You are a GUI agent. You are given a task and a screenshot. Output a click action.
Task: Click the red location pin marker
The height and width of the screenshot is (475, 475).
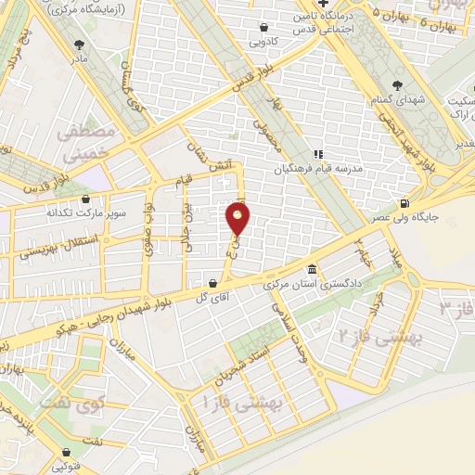click(x=238, y=220)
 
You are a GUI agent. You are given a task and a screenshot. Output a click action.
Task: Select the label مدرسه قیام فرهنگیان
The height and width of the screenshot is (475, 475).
click(x=323, y=170)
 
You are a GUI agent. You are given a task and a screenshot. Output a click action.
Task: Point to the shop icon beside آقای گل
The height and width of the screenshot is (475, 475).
click(x=214, y=282)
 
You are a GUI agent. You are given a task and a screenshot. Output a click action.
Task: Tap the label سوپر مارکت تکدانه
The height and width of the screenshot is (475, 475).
click(x=85, y=212)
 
